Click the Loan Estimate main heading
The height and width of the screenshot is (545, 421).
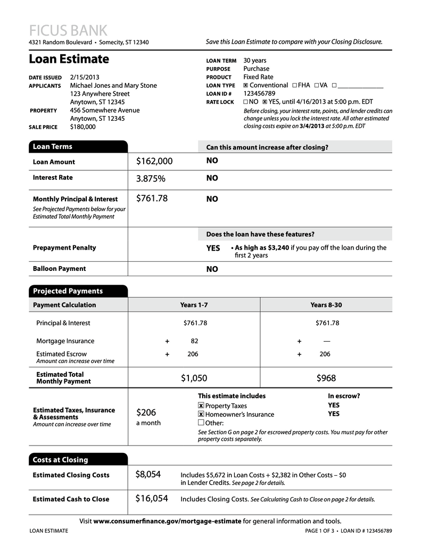tap(69, 59)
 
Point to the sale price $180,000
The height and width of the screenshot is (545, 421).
tap(83, 127)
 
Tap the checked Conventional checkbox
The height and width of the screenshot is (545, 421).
tap(245, 85)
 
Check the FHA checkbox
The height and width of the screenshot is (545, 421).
tap(294, 85)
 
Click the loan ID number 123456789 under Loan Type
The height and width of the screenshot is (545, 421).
tap(259, 93)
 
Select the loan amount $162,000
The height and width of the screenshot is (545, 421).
tap(154, 161)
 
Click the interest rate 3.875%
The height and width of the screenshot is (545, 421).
tap(151, 178)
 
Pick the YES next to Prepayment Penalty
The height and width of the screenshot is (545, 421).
tap(213, 248)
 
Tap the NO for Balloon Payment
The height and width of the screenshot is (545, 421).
tap(212, 269)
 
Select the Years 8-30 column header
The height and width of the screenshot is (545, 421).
tap(326, 305)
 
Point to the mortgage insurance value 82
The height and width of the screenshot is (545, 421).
tap(194, 341)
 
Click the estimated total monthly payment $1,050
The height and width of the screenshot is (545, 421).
tap(194, 378)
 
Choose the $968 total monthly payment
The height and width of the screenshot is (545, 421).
tap(326, 378)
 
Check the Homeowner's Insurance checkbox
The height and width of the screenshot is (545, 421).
tap(201, 415)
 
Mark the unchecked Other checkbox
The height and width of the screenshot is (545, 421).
tap(201, 423)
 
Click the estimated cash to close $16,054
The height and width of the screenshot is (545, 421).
tap(152, 499)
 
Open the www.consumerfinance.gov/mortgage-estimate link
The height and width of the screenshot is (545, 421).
tap(167, 521)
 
